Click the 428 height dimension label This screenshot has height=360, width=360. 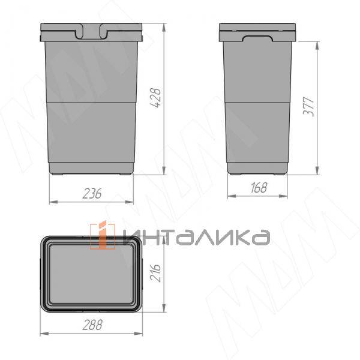click(155, 98)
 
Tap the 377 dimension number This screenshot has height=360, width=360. click(308, 107)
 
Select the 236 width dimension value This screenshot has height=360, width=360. click(92, 194)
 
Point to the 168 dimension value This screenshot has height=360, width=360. click(259, 188)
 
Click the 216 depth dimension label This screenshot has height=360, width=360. click(155, 272)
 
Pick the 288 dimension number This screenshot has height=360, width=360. click(92, 325)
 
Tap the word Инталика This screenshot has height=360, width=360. click(197, 237)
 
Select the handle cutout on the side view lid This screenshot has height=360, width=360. click(257, 38)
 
